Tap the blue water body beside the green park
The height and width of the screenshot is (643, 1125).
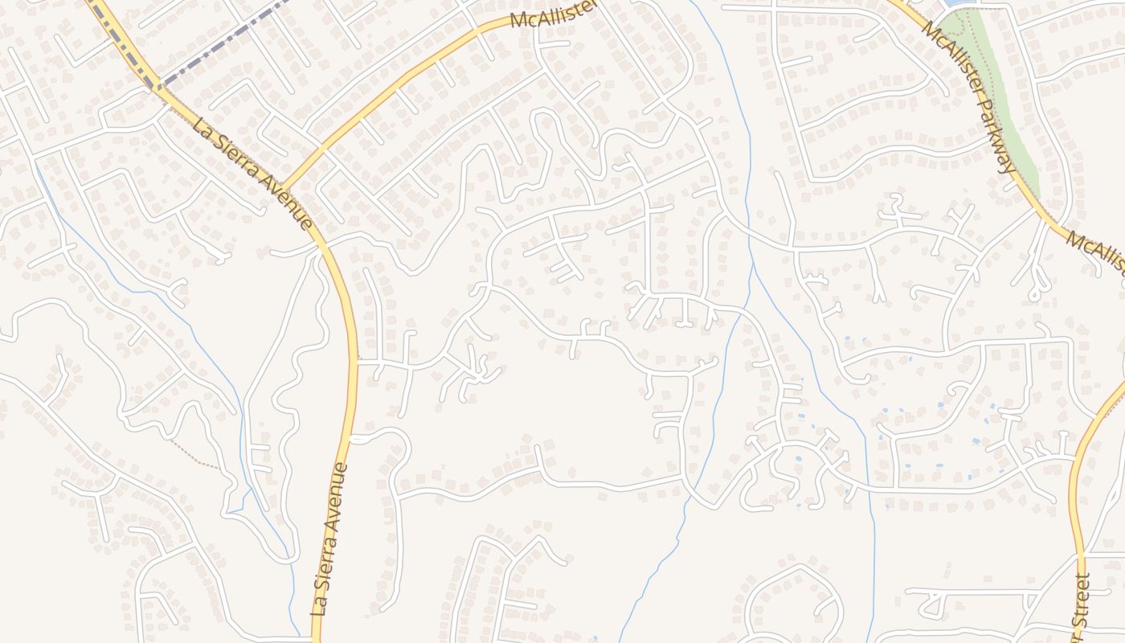click(955, 3)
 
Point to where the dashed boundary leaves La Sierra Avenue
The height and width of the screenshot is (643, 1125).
click(158, 86)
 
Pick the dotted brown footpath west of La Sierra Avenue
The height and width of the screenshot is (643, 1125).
click(193, 454)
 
